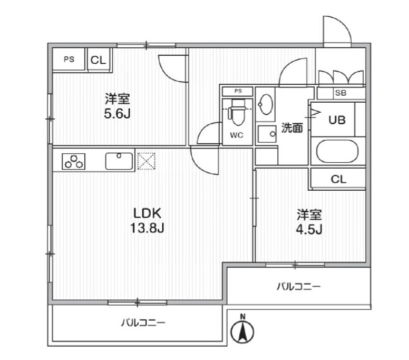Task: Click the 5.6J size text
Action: click(117, 114)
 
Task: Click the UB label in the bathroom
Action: click(337, 120)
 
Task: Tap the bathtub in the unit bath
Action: click(338, 151)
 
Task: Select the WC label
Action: click(236, 135)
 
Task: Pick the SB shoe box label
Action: click(340, 93)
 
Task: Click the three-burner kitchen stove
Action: click(74, 161)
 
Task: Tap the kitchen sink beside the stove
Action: click(119, 161)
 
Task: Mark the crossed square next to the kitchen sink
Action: click(145, 161)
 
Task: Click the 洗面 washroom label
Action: click(292, 128)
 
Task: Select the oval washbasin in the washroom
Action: click(265, 105)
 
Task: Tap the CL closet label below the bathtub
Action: click(338, 179)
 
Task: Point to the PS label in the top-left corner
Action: click(69, 59)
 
